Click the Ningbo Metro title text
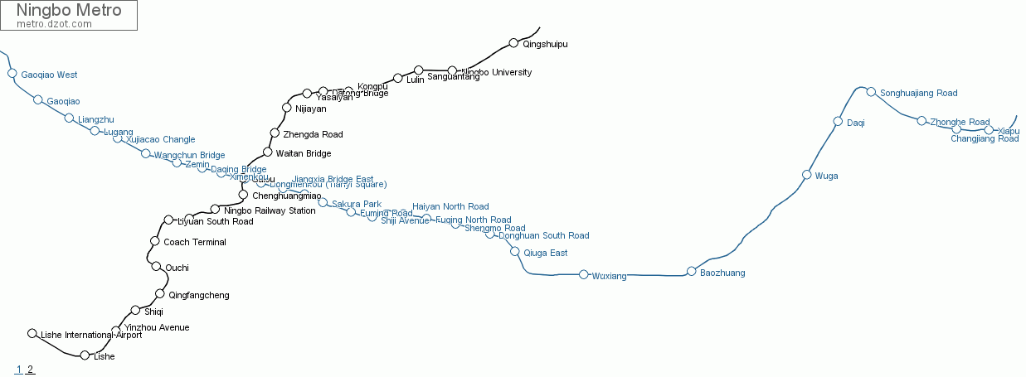pos(68,11)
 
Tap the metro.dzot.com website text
pos(54,24)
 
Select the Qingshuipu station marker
pos(513,43)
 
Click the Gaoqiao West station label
pos(49,75)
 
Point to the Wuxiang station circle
pos(583,274)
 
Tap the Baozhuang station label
pos(722,273)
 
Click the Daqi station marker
pos(838,122)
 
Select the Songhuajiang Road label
pos(918,93)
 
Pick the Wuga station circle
pos(806,175)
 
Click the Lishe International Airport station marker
pos(32,334)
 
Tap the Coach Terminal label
pos(195,242)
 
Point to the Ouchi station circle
pos(156,266)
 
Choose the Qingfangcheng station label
pos(198,295)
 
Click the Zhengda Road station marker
pos(275,133)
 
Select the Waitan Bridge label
pos(303,153)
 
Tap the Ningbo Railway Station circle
pos(215,209)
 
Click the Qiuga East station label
pos(546,253)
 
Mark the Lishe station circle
pos(85,355)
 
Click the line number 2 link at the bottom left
pos(30,370)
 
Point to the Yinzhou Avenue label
pos(157,327)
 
